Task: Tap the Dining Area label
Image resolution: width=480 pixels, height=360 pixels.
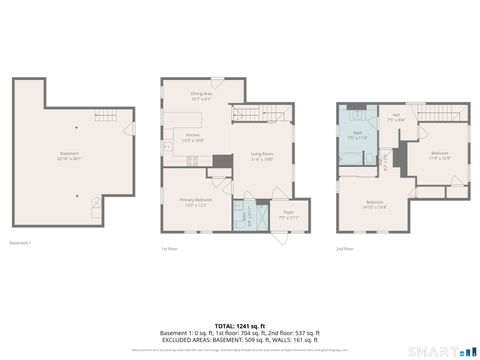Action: tap(202, 97)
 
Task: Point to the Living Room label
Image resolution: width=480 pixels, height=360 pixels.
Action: tap(262, 155)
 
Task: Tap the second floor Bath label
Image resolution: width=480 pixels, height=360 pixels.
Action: tap(357, 135)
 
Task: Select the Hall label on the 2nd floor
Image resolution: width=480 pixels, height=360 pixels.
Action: tap(395, 118)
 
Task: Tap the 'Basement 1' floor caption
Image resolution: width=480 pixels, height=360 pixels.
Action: tap(20, 243)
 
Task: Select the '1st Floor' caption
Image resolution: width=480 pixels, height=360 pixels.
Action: tap(171, 248)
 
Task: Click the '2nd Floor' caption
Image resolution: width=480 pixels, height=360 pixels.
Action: tap(344, 248)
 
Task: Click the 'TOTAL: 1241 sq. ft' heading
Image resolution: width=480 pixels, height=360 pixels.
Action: tap(240, 326)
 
